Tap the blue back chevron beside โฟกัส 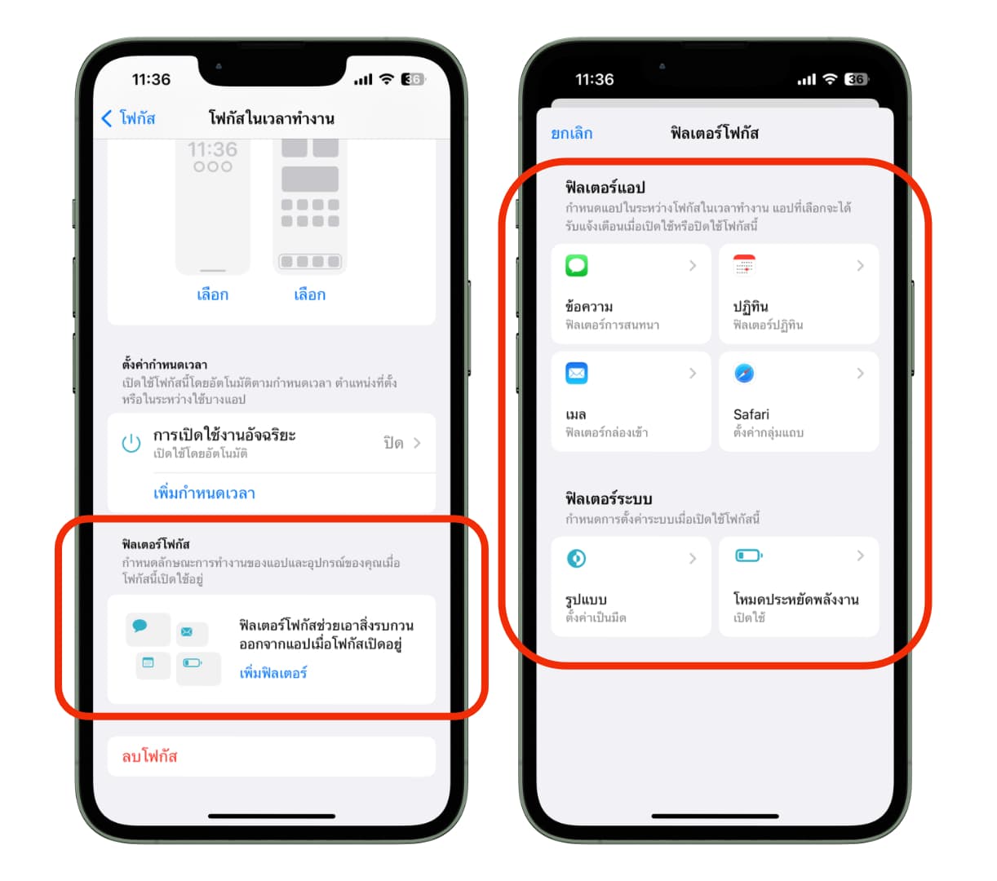pos(106,118)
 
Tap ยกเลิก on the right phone pos(571,133)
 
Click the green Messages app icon pos(576,265)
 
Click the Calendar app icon pos(744,265)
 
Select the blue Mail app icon pos(576,373)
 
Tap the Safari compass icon pos(744,373)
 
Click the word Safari pos(751,414)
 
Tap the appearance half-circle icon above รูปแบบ pos(576,558)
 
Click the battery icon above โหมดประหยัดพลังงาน pos(748,556)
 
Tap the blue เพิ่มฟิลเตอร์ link pos(273,672)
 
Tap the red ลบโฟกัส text pos(149,755)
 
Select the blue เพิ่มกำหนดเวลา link pos(204,492)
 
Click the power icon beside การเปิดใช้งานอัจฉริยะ pos(131,442)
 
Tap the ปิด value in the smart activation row pos(393,442)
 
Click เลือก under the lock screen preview pos(213,294)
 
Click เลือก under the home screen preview pos(309,294)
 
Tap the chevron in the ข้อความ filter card pos(693,265)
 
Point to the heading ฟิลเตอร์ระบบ pos(609,498)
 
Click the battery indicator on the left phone pos(414,79)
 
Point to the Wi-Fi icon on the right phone pos(830,79)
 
